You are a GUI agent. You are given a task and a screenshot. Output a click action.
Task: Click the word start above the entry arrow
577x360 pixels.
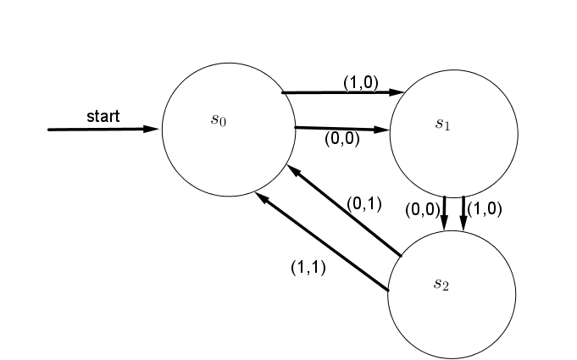(103, 116)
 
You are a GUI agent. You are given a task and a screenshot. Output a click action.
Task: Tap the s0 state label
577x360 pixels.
(219, 119)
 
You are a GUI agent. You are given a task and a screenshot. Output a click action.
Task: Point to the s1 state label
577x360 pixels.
(443, 124)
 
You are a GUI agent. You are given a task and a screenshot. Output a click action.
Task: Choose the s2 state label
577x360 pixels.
(441, 283)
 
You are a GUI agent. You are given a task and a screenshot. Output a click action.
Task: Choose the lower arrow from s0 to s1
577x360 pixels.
(339, 129)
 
